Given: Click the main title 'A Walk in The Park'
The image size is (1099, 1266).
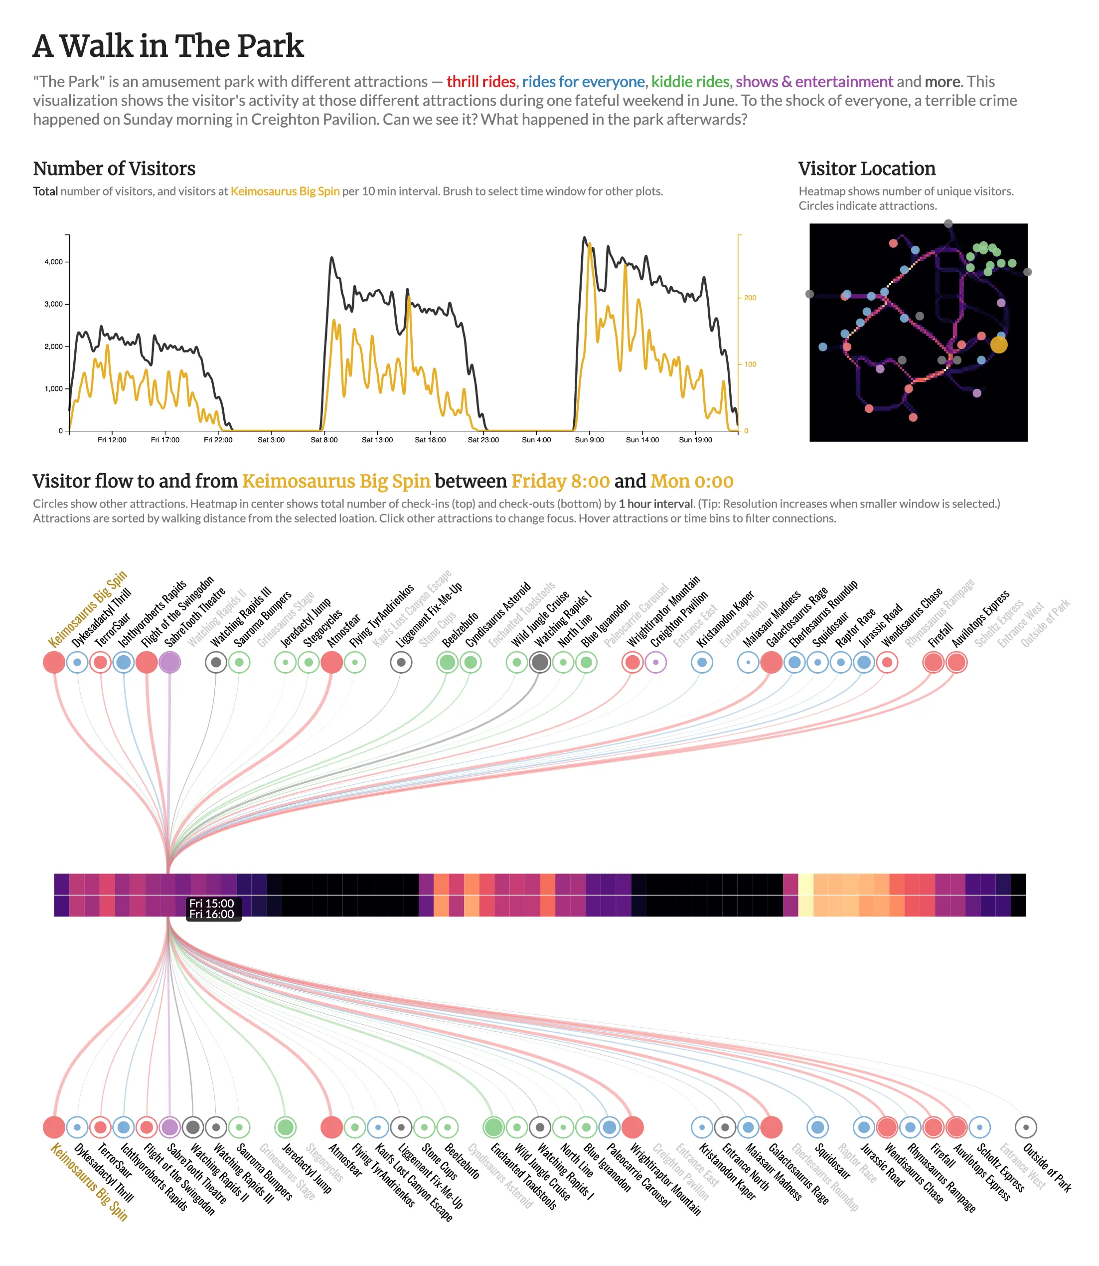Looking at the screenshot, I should click(168, 46).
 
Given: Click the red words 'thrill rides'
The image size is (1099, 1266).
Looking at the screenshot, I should click(481, 82).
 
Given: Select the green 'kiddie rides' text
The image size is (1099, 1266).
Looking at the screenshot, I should click(690, 82).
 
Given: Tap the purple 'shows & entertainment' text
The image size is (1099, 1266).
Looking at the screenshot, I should click(814, 82).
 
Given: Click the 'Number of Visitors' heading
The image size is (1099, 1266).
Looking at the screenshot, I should click(114, 169).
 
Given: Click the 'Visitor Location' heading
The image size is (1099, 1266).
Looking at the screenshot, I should click(867, 169).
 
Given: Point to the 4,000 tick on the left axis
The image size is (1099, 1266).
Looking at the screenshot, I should click(53, 262).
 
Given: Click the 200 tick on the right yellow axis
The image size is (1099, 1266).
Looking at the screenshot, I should click(750, 298).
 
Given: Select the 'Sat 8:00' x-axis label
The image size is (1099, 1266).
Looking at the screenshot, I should click(324, 440).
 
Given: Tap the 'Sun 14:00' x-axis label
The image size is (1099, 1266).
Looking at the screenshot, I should click(642, 440).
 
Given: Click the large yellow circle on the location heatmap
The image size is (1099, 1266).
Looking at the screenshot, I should click(998, 345).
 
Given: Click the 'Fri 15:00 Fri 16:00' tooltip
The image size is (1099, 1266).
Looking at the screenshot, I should click(212, 908).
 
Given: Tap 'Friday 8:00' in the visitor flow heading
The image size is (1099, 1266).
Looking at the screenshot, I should click(561, 482).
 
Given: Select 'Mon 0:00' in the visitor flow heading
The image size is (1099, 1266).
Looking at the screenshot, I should click(692, 482).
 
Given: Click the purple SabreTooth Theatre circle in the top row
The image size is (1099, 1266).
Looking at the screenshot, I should click(169, 663).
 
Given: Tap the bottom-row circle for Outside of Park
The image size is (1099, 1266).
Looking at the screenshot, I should click(1026, 1127).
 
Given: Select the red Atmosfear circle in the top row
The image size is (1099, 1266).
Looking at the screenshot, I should click(332, 663).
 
